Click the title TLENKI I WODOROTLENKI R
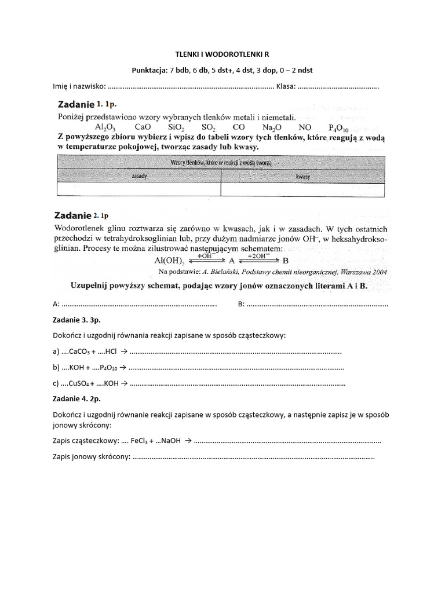222,54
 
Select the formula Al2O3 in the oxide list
104,127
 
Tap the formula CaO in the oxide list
143,127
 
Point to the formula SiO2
176,127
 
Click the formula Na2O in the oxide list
271,127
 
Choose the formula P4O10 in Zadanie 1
339,128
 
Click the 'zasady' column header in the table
139,175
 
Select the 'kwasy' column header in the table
301,175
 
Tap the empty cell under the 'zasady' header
139,189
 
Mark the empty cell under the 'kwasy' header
301,189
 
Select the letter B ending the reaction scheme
284,261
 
